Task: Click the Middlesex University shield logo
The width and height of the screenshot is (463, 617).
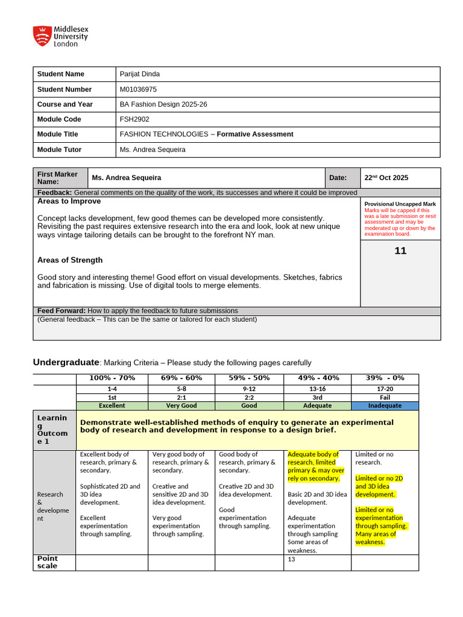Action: [x=42, y=36]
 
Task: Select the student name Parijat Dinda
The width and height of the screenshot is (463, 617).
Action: [x=140, y=74]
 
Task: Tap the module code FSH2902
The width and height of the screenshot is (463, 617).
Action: [x=134, y=119]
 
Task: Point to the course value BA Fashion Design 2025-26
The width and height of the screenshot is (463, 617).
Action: [x=163, y=104]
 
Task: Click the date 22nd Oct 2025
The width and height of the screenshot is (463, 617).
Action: [x=386, y=178]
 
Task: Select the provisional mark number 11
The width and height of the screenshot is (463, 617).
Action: [x=400, y=251]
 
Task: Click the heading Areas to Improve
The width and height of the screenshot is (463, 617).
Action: [x=69, y=201]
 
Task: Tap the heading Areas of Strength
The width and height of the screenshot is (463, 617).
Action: [x=70, y=260]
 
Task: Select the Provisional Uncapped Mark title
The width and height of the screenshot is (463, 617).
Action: [x=400, y=204]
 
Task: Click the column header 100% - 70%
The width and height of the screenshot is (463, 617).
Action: [x=112, y=378]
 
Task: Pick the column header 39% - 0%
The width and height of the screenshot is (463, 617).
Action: [x=385, y=378]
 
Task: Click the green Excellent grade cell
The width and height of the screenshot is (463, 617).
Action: [x=112, y=406]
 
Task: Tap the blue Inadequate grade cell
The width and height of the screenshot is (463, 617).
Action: [x=385, y=406]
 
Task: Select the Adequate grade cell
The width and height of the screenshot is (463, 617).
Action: [x=317, y=406]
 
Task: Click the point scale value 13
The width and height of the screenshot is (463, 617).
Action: [x=292, y=559]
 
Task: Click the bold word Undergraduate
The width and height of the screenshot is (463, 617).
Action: [x=65, y=362]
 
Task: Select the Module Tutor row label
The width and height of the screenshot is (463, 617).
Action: [x=59, y=149]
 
